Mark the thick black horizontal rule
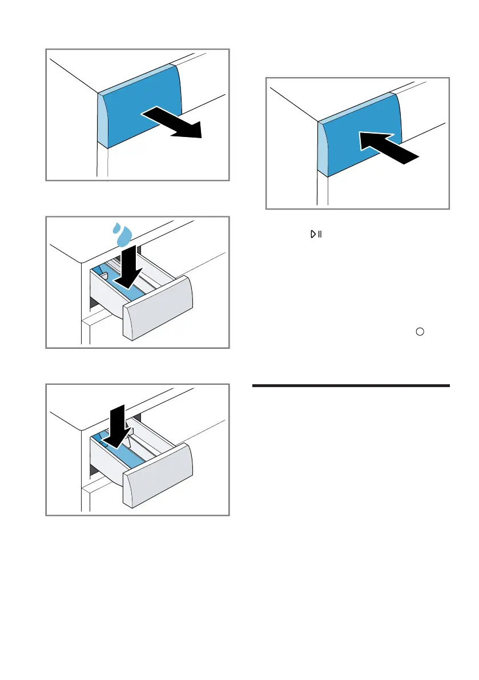351,387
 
